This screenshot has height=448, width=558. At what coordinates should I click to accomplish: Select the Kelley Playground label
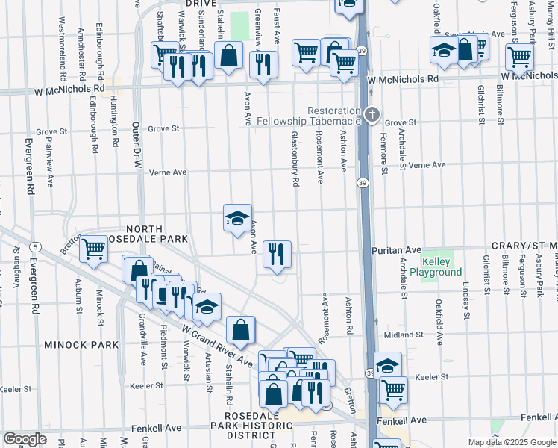point(442,267)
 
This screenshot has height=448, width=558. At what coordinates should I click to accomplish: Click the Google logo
point(24,439)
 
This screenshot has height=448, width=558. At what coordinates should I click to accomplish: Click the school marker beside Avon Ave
point(238,218)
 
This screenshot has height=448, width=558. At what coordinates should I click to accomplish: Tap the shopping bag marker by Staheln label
point(228,55)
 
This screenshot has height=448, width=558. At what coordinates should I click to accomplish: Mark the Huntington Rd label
point(115,119)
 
